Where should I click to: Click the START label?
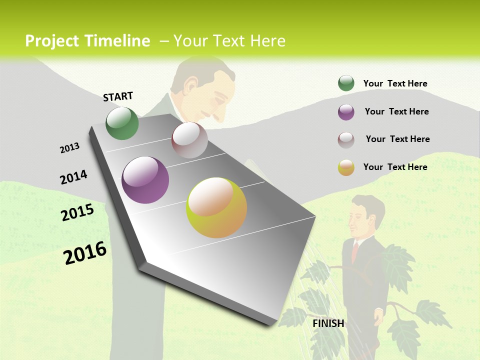click(x=118, y=96)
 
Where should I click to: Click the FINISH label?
click(x=328, y=323)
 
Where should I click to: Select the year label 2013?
click(x=69, y=148)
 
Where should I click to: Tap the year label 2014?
click(x=73, y=177)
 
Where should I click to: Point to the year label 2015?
click(x=77, y=212)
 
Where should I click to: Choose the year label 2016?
click(x=85, y=253)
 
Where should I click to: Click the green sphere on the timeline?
click(x=122, y=123)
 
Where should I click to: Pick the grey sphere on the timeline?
click(x=189, y=140)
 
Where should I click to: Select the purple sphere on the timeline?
click(x=145, y=180)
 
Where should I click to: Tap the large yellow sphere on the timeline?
click(x=216, y=207)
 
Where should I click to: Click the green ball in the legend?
click(x=346, y=83)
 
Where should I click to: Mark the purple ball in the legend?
click(x=346, y=112)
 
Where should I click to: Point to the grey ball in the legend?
click(x=346, y=139)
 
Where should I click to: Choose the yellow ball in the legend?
click(x=346, y=167)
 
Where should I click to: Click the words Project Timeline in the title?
click(x=87, y=41)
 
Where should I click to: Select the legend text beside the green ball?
click(x=395, y=83)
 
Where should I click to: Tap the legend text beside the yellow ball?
click(x=395, y=167)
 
